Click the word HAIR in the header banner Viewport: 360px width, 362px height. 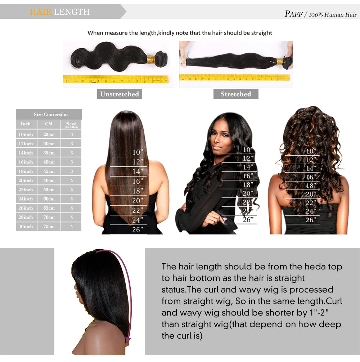pyautogui.click(x=41, y=12)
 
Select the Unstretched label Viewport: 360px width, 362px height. pyautogui.click(x=120, y=94)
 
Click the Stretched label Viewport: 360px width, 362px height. pyautogui.click(x=235, y=94)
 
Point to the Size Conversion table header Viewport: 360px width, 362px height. pyautogui.click(x=50, y=115)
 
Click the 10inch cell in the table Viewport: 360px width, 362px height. pyautogui.click(x=26, y=134)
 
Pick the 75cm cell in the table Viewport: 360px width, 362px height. pyautogui.click(x=49, y=227)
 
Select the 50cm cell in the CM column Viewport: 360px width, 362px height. pyautogui.click(x=49, y=180)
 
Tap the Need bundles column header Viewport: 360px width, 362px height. pyautogui.click(x=71, y=125)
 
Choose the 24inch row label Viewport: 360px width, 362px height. pyautogui.click(x=26, y=199)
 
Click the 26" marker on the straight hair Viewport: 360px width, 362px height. pyautogui.click(x=138, y=229)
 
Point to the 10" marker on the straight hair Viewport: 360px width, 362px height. pyautogui.click(x=138, y=152)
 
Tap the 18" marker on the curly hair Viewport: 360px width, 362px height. pyautogui.click(x=310, y=186)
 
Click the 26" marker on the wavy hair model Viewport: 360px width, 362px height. pyautogui.click(x=248, y=219)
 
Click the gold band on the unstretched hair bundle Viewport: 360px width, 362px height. pyautogui.click(x=151, y=59)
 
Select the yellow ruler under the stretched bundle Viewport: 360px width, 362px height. pyautogui.click(x=234, y=77)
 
